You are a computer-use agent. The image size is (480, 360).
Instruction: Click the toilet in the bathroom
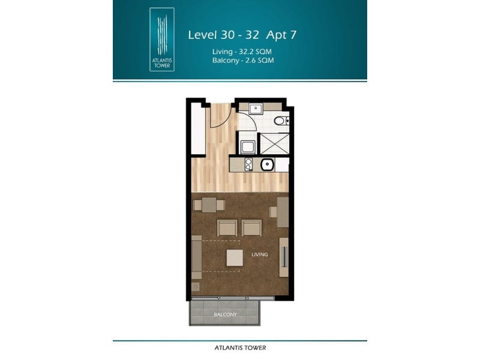pos(281,121)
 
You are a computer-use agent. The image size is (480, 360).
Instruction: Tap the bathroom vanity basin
pos(254,109)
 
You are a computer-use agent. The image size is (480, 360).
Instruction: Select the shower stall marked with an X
pos(274,143)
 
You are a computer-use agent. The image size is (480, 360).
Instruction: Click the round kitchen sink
pos(267,164)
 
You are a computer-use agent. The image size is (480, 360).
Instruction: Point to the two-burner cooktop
pos(248,164)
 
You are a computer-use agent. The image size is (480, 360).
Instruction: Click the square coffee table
pos(235,258)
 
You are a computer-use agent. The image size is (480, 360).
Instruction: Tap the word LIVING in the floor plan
pos(260,254)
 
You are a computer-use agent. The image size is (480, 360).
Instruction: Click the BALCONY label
pos(225,314)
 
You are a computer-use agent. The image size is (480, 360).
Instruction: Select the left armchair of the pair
pos(227,228)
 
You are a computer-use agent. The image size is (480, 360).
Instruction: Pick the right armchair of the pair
pos(251,228)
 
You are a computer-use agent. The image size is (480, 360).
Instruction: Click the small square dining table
pos(209,205)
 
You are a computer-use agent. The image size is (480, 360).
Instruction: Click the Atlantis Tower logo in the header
pos(162,40)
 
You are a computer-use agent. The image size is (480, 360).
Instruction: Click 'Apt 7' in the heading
pos(281,35)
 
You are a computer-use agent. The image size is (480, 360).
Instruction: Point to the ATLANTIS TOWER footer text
pos(241,348)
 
